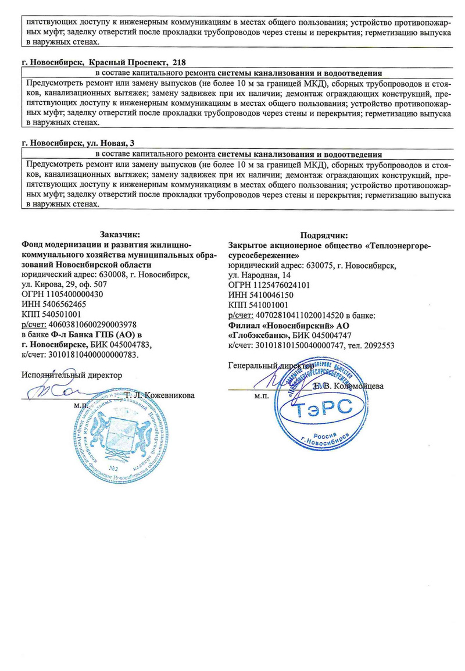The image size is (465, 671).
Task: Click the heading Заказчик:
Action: tap(120, 234)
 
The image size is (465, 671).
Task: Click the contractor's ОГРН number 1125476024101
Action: tap(278, 285)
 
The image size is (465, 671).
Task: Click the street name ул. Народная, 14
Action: tap(260, 276)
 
